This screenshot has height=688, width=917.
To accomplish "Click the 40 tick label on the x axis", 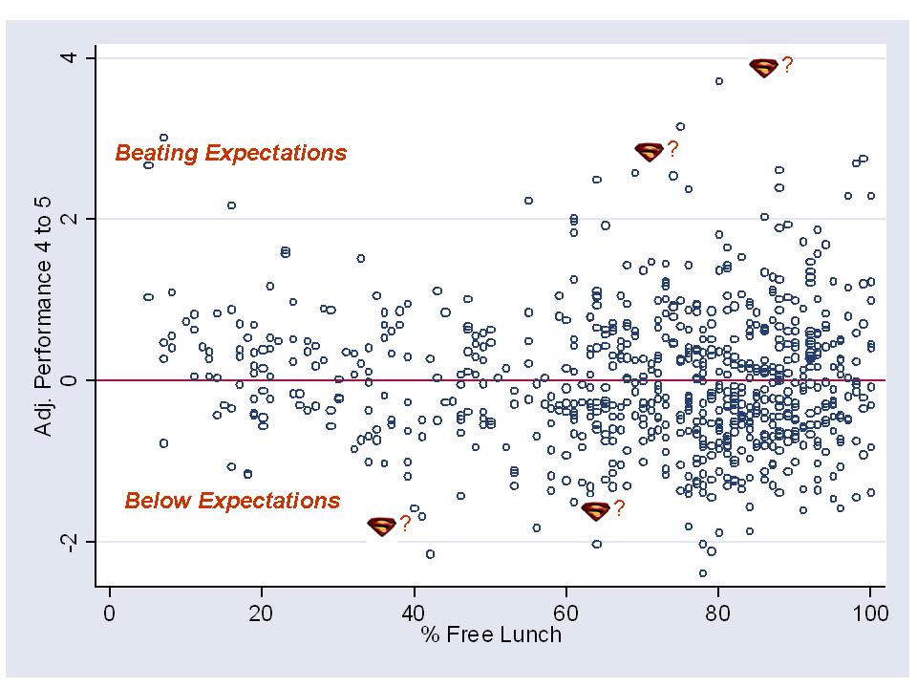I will tap(414, 613).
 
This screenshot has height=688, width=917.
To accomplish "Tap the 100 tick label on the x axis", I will tap(869, 613).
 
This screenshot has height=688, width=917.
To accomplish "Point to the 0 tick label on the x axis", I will tap(110, 613).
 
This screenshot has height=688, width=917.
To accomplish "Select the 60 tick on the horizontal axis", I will tap(565, 613).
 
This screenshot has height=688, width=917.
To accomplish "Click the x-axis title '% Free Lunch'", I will tap(490, 634).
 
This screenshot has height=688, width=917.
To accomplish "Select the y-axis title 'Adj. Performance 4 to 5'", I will tap(43, 300).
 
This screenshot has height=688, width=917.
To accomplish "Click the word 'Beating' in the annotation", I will tap(158, 153).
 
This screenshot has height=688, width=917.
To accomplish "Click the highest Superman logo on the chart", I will tap(764, 68).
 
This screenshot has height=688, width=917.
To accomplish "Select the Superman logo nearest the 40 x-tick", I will tap(381, 526).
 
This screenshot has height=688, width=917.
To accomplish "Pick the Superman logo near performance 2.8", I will tap(649, 151).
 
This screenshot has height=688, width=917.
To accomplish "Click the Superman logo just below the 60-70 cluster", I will tap(595, 511).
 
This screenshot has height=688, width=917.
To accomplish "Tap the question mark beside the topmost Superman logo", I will tap(787, 66).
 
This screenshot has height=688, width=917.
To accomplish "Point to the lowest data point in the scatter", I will tap(703, 573).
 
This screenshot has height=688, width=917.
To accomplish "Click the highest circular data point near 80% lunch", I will tap(719, 81).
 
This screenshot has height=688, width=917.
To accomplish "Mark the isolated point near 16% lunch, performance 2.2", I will tap(231, 205).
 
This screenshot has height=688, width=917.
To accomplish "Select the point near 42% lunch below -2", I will tap(430, 554).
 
